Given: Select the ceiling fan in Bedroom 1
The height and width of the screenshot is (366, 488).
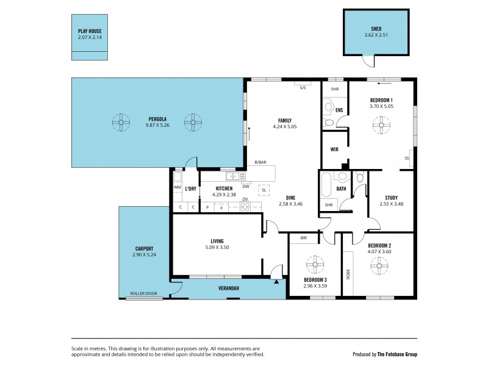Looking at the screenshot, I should pos(381,126).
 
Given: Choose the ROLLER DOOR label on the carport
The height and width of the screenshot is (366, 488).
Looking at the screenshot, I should pos(143,293).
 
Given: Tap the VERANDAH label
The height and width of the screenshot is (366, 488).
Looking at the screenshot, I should pos(228,288).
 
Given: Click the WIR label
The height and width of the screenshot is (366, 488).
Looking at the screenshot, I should pos(334,149).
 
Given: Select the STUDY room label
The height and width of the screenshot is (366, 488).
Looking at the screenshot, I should pos(391,197).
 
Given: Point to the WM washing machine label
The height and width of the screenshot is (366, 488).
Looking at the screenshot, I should pos(178,188).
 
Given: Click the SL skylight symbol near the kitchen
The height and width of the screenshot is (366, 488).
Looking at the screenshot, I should pos(264,190).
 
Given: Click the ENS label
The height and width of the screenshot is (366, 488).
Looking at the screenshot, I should pos(339,110).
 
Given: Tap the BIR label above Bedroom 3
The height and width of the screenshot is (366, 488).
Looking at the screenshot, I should pos(303,238).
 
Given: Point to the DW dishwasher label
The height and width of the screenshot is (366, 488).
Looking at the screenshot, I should pos(245,187).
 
